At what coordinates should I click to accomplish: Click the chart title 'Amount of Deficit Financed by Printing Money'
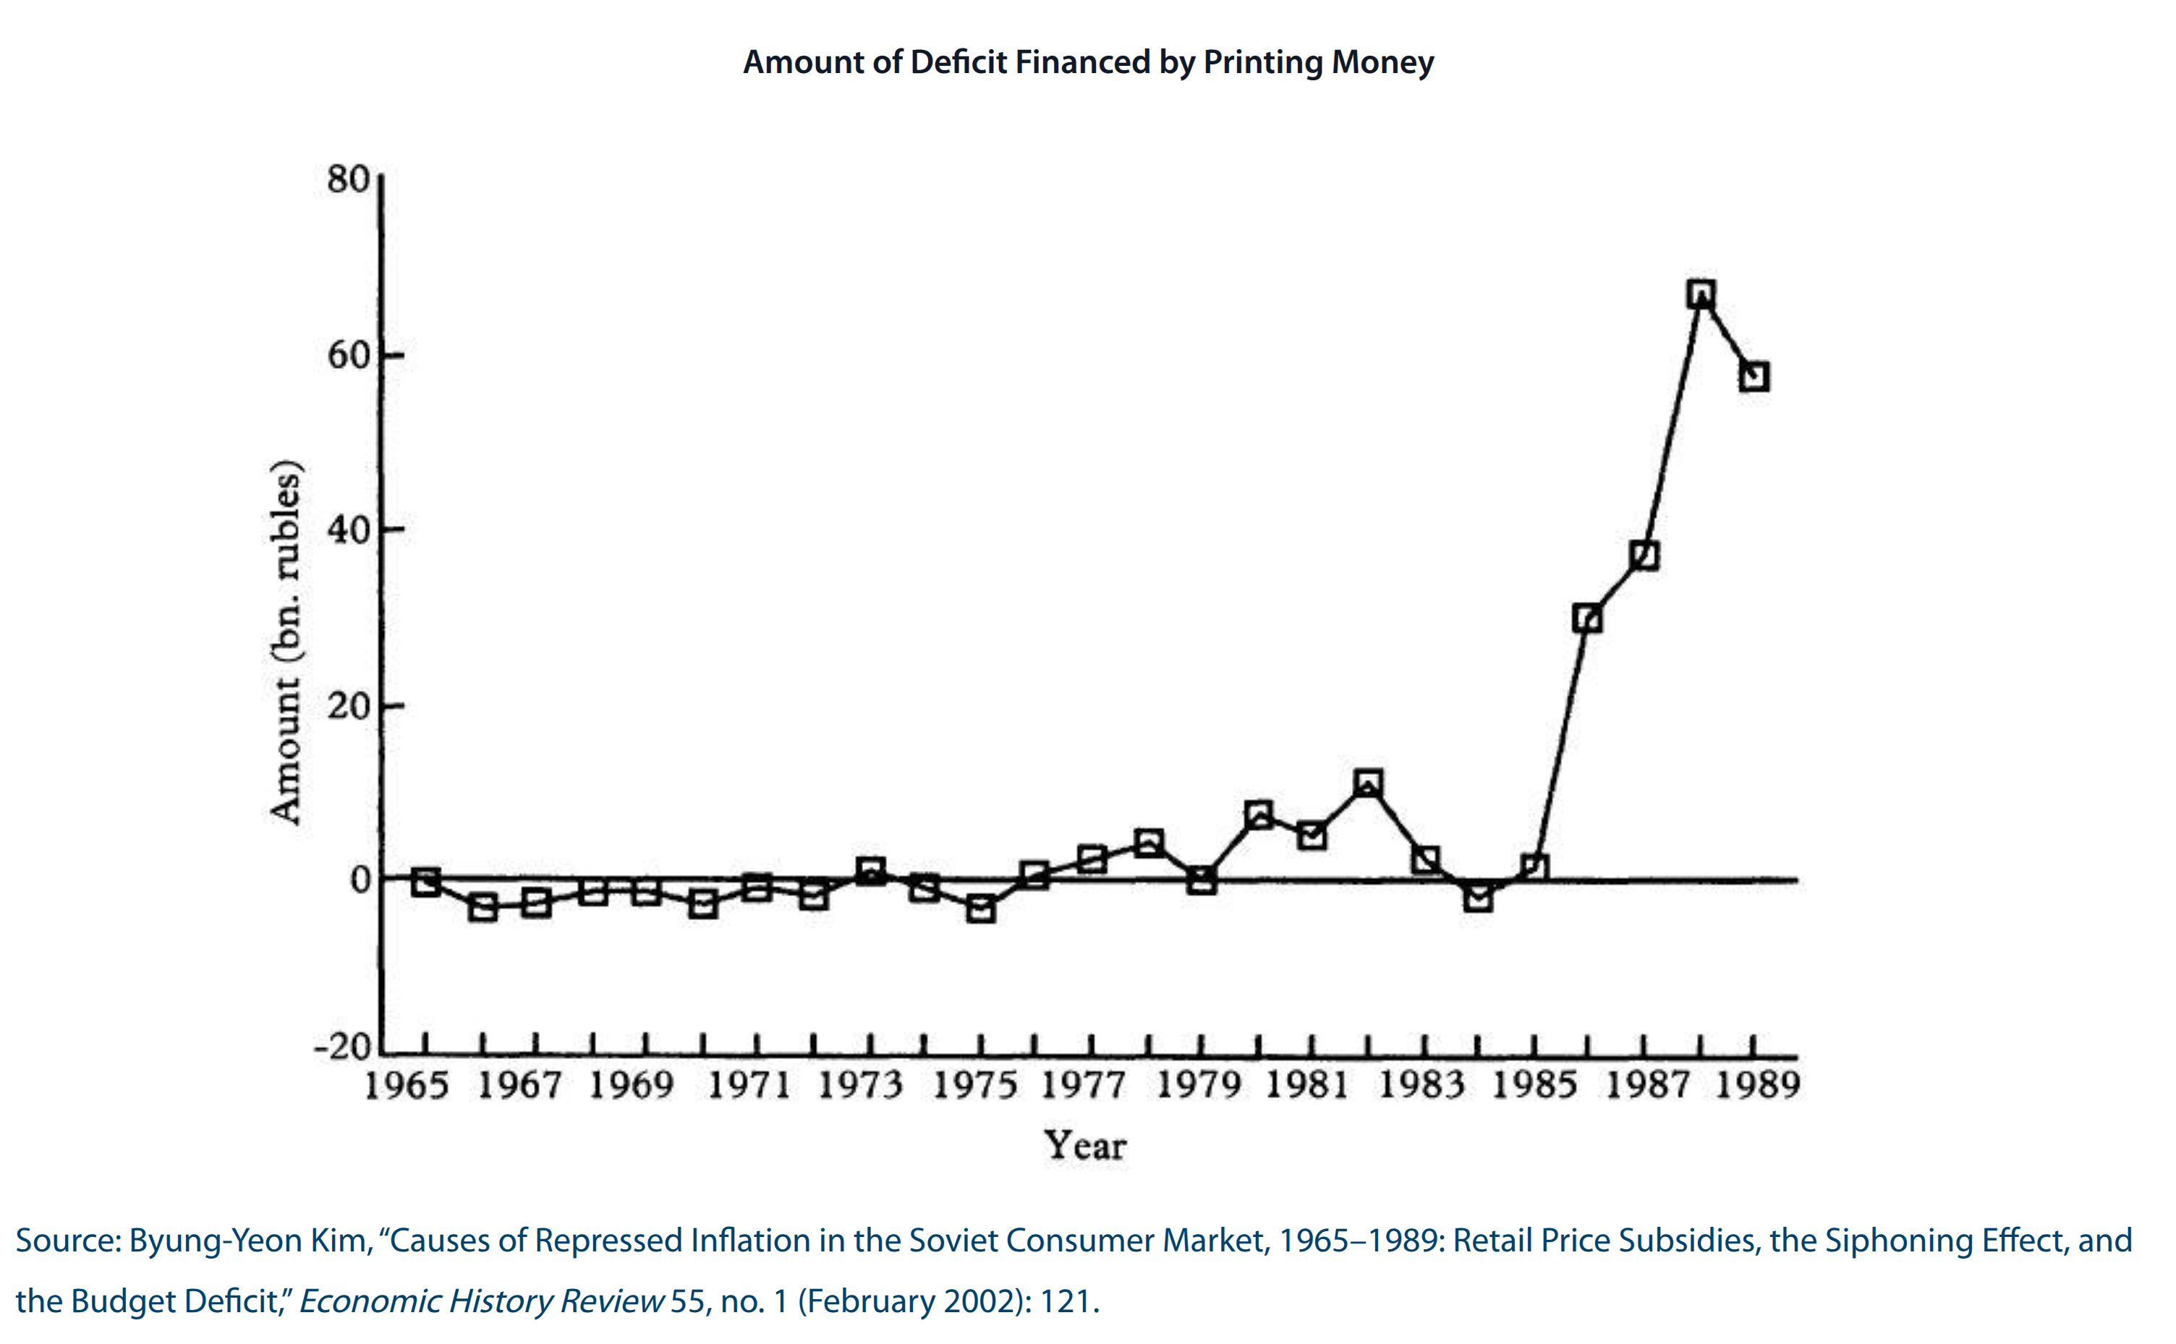(x=1088, y=62)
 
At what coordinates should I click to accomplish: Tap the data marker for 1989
(x=1754, y=377)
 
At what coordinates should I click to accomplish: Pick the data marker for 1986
(x=1586, y=618)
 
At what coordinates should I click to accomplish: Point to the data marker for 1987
(x=1644, y=556)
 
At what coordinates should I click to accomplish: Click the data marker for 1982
(x=1368, y=783)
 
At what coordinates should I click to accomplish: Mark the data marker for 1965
(x=426, y=882)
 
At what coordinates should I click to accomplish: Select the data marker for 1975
(x=979, y=909)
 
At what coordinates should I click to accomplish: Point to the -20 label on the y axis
(x=342, y=1047)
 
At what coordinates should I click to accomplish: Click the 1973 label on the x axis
(x=859, y=1085)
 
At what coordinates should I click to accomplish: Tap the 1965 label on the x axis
(x=407, y=1085)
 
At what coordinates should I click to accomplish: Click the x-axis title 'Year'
(x=1084, y=1145)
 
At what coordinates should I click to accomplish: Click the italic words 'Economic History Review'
(x=481, y=1301)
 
